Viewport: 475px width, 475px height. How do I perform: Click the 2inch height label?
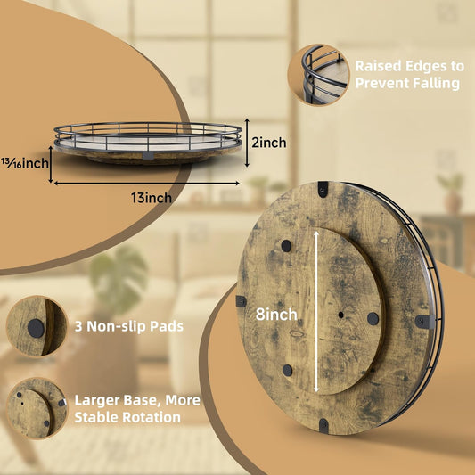(269, 143)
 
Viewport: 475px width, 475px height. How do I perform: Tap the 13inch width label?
(152, 198)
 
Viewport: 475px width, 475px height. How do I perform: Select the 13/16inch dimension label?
(25, 163)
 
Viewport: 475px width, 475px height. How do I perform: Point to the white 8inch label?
(276, 315)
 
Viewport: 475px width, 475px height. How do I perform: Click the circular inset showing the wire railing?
(318, 75)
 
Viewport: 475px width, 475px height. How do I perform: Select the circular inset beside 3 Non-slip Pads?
(37, 326)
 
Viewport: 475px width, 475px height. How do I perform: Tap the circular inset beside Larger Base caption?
(37, 408)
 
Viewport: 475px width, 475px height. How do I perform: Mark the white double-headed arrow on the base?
(316, 312)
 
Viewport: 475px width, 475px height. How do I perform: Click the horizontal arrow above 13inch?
(147, 183)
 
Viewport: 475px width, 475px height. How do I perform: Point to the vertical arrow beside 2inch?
(247, 143)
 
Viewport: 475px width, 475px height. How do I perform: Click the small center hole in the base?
(340, 315)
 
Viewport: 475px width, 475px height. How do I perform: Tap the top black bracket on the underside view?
(323, 189)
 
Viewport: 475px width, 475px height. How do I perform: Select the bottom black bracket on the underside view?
(323, 425)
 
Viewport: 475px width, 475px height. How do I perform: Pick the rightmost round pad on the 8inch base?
(373, 319)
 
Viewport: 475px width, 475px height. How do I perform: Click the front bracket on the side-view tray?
(148, 155)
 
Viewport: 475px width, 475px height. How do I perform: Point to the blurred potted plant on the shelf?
(451, 194)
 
